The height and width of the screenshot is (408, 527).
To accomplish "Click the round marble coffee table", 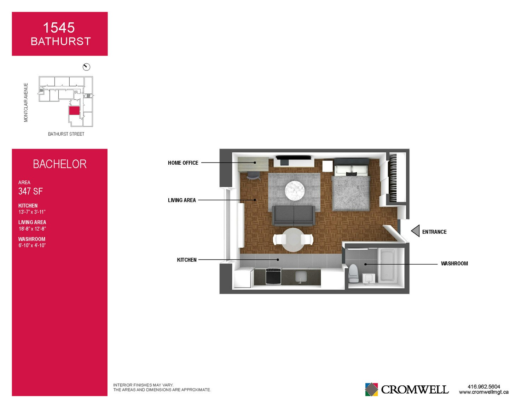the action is tap(294, 191).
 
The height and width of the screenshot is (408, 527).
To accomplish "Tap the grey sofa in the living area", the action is tap(294, 216).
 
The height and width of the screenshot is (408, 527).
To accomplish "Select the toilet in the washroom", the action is tap(353, 273).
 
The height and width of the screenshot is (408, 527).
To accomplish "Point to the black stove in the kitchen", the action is tap(273, 276).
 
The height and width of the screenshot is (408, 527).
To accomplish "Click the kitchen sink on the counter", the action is tap(301, 277).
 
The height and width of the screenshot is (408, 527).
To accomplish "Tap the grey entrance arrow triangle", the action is tap(415, 231).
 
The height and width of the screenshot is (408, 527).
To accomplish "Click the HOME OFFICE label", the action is tap(183, 163).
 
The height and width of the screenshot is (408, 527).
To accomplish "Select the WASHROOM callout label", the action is tap(454, 263).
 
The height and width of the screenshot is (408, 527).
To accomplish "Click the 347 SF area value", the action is tap(30, 191).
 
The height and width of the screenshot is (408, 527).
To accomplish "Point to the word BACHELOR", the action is tap(60, 164).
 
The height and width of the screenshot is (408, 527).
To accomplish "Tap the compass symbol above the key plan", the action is tap(86, 67).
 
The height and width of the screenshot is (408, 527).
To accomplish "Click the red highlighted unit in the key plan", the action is tap(74, 110).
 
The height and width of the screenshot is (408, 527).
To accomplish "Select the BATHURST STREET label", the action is tap(66, 134).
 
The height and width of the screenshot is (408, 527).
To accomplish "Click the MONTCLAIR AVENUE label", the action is tap(26, 102).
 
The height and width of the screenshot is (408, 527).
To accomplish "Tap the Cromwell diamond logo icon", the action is tap(371, 389).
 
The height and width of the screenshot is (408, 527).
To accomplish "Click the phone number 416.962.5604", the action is tap(484, 386).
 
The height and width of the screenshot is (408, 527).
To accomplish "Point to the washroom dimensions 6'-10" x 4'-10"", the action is tap(32, 245).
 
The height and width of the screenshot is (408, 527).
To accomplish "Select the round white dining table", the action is tap(293, 240).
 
